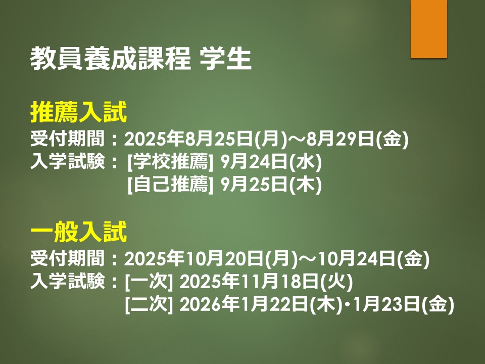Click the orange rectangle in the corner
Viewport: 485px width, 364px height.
[429, 29]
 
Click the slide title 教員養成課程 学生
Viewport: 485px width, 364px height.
[141, 59]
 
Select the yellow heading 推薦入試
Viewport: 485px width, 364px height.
[79, 112]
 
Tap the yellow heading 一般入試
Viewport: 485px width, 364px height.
[79, 232]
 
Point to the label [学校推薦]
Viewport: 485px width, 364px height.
[170, 162]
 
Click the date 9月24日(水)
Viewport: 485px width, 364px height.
[271, 162]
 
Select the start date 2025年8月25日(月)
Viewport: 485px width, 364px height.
[206, 139]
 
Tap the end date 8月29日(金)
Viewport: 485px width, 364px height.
[358, 139]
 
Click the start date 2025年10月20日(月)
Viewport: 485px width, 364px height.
[211, 259]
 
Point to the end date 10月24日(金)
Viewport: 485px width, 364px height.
[373, 259]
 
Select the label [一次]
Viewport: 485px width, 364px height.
[149, 282]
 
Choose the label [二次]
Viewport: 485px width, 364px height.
[149, 304]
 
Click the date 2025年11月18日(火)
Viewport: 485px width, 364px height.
[266, 282]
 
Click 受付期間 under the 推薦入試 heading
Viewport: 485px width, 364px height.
[67, 139]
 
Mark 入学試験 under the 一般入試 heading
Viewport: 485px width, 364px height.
[67, 282]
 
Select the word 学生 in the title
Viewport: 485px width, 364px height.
[225, 59]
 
